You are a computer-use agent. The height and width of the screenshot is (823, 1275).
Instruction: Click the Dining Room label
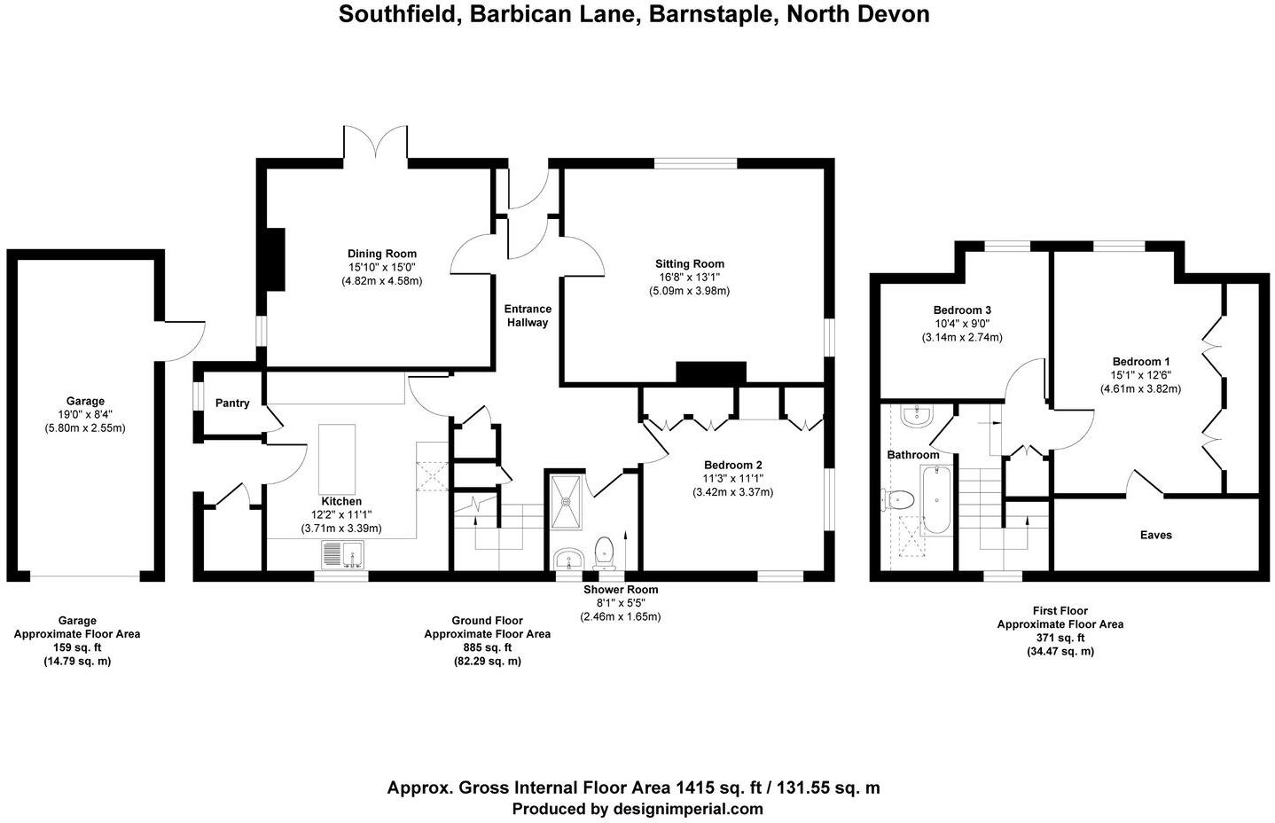pyautogui.click(x=381, y=254)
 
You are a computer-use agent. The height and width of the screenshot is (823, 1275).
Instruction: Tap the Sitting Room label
pyautogui.click(x=689, y=263)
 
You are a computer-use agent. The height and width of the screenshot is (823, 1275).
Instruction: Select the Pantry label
pyautogui.click(x=232, y=404)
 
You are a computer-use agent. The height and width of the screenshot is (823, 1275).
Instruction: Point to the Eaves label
pyautogui.click(x=1155, y=535)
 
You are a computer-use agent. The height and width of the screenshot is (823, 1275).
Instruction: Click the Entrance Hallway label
pyautogui.click(x=528, y=316)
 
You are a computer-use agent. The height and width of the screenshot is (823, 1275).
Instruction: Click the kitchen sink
pyautogui.click(x=343, y=555)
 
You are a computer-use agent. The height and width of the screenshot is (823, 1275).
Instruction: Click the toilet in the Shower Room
pyautogui.click(x=605, y=551)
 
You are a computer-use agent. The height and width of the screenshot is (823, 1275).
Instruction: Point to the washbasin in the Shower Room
pyautogui.click(x=567, y=559)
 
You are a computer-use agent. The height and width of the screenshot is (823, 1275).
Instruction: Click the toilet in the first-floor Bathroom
pyautogui.click(x=897, y=500)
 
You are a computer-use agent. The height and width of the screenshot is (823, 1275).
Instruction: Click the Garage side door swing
pyautogui.click(x=184, y=341)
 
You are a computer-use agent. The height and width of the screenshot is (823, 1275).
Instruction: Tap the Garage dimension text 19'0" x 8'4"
pyautogui.click(x=85, y=414)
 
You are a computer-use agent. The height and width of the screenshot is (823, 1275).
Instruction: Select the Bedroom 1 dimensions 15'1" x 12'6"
pyautogui.click(x=1141, y=375)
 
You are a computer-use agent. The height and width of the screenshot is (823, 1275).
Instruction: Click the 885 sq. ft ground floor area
pyautogui.click(x=487, y=647)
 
